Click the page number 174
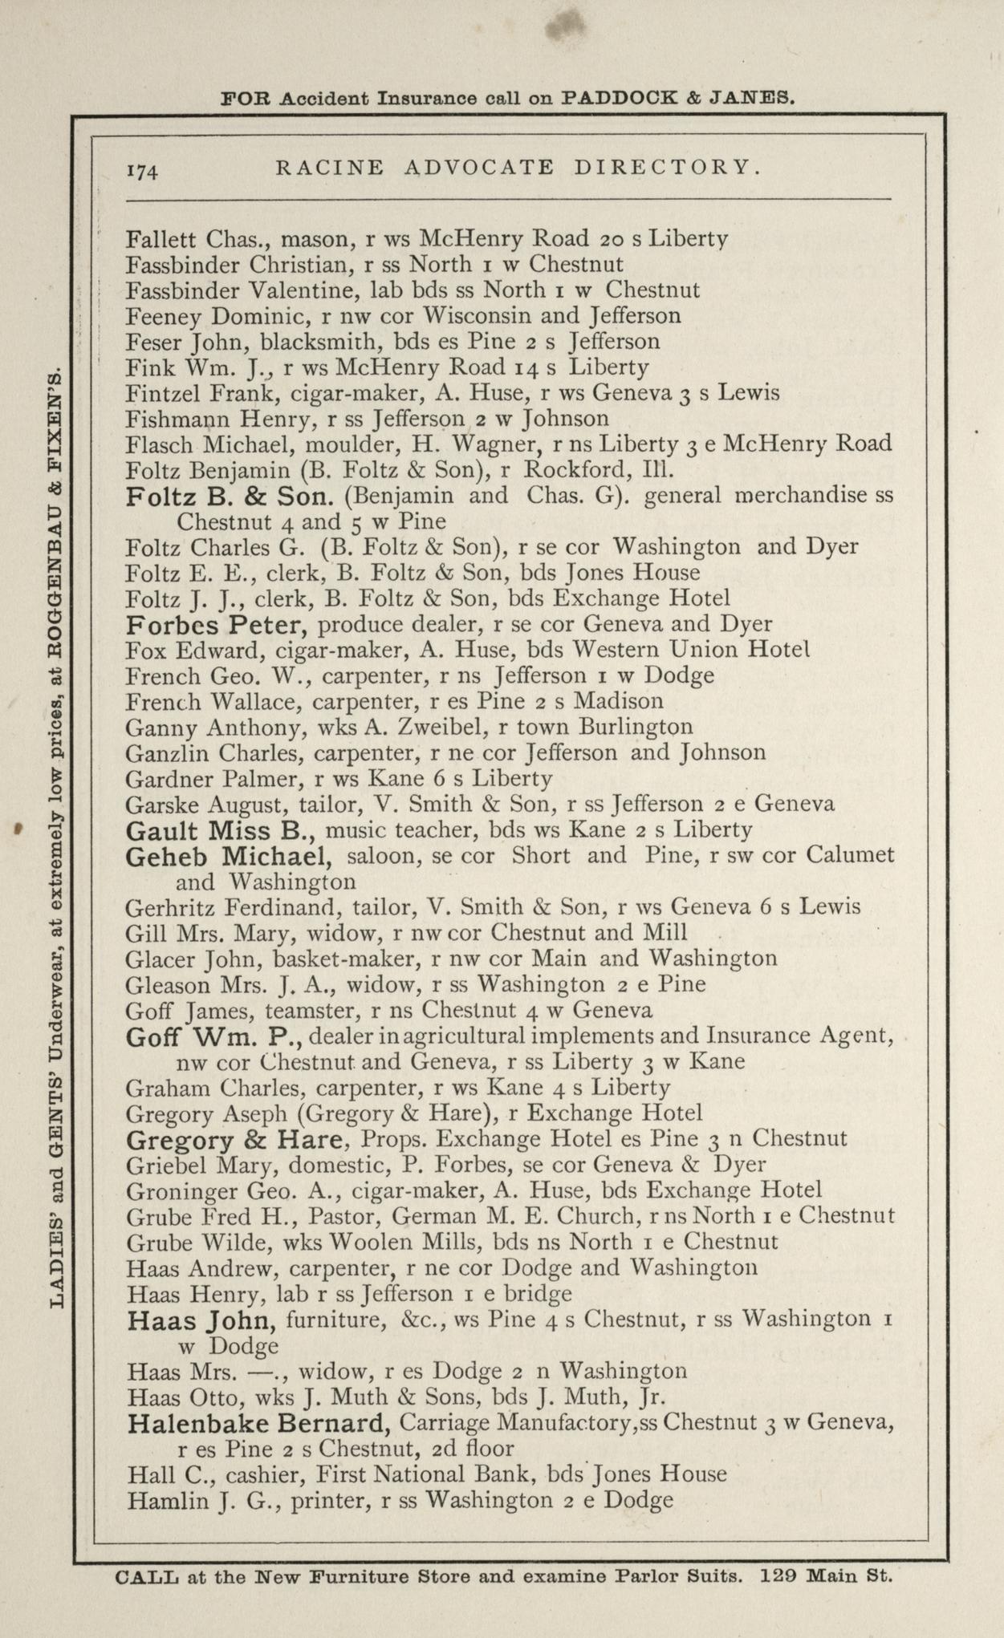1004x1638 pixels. coord(143,170)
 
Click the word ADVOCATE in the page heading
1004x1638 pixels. coord(479,167)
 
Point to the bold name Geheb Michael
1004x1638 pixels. coord(229,856)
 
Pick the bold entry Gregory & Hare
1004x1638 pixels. coord(238,1139)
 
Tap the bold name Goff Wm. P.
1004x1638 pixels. coord(213,1036)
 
